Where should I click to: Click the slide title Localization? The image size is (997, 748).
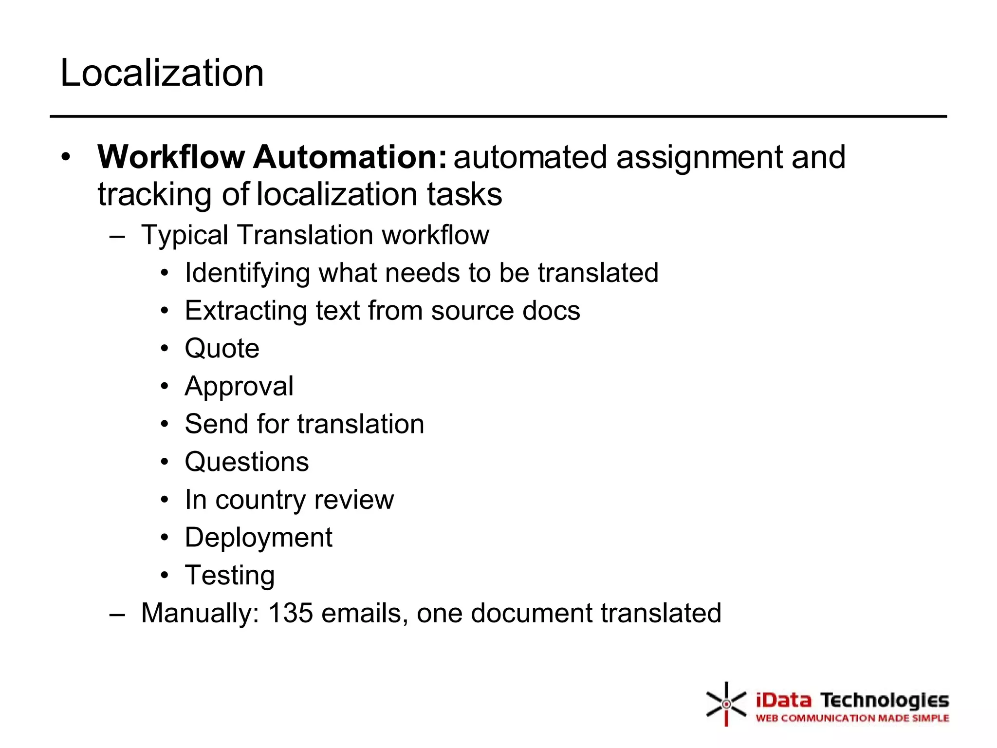tap(162, 73)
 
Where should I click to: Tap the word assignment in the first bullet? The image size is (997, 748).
tap(700, 158)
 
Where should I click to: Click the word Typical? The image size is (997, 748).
tap(185, 235)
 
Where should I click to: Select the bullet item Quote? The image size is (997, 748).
tap(222, 349)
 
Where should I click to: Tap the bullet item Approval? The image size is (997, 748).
tap(239, 387)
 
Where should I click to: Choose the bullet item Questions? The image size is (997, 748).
tap(247, 462)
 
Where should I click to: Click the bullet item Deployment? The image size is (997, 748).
tap(258, 538)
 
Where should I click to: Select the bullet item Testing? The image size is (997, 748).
tap(230, 576)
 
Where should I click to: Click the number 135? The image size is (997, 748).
tap(290, 613)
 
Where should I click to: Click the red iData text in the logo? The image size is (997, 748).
tap(783, 701)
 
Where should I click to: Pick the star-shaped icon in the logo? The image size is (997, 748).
tap(726, 704)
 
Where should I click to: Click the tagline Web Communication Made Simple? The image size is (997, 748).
tap(852, 718)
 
